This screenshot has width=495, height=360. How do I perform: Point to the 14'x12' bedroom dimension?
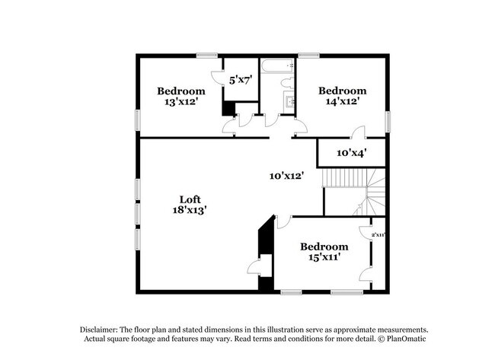(341, 100)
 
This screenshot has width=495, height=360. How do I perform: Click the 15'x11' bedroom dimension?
(324, 257)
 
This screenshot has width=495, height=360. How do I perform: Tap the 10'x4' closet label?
(352, 153)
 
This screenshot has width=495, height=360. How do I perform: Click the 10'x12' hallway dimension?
(287, 175)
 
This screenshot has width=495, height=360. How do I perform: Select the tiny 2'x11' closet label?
(378, 235)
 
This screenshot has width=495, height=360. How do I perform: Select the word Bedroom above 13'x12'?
(181, 91)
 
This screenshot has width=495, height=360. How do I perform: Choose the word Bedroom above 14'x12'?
(341, 90)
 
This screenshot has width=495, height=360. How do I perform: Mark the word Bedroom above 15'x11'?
(324, 247)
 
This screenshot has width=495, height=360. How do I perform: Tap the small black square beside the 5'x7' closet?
(227, 108)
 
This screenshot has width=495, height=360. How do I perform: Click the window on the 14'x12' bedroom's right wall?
(388, 119)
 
